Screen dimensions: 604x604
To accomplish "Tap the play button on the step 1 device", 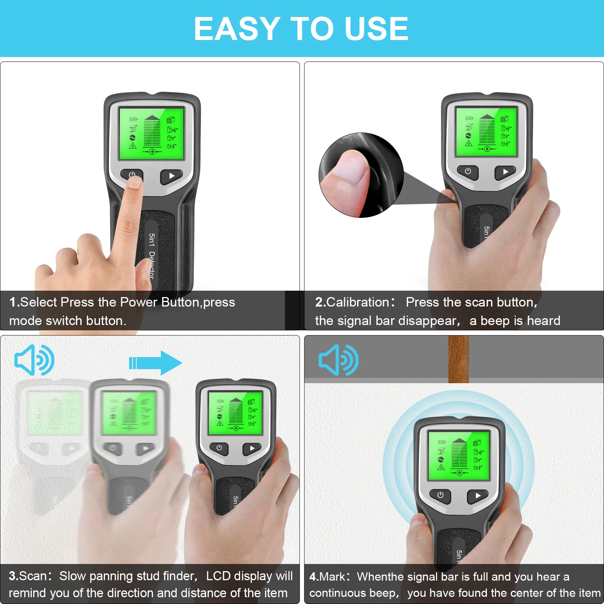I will click(x=171, y=176).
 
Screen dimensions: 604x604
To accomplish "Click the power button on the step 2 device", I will click(x=468, y=171).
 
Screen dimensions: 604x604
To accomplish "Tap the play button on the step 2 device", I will click(x=505, y=172).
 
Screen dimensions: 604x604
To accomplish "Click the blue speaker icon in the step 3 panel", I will click(x=34, y=360).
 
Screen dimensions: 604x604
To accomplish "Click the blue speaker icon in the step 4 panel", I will click(x=339, y=360).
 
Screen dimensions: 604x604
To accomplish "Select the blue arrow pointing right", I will click(x=156, y=363).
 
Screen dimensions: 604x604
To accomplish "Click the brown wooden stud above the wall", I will click(x=458, y=359).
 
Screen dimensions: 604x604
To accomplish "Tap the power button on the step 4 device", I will click(x=440, y=495).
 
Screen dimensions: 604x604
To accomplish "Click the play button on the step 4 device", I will click(x=478, y=495).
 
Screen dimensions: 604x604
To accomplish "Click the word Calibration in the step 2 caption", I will click(x=357, y=302).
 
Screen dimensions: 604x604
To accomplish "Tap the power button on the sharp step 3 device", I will click(x=219, y=448).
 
